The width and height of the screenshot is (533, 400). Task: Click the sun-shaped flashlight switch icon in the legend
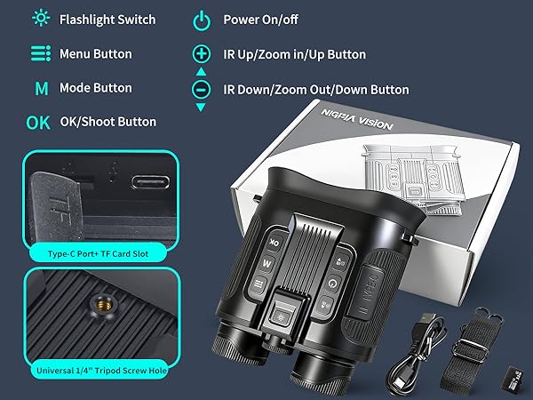(x=40, y=19)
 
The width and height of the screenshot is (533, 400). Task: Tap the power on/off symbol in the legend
(x=202, y=20)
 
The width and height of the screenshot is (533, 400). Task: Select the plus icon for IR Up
(x=202, y=54)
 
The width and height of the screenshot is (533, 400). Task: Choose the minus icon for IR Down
(x=202, y=90)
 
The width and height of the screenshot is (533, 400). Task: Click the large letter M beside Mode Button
(x=41, y=88)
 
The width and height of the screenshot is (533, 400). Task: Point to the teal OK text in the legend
(x=39, y=123)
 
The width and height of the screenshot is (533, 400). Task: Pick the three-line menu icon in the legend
(x=40, y=54)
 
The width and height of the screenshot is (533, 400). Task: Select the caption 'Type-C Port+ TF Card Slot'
(x=99, y=253)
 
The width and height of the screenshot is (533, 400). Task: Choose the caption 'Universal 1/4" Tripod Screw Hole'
(x=99, y=370)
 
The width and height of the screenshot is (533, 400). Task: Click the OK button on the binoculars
(x=274, y=242)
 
